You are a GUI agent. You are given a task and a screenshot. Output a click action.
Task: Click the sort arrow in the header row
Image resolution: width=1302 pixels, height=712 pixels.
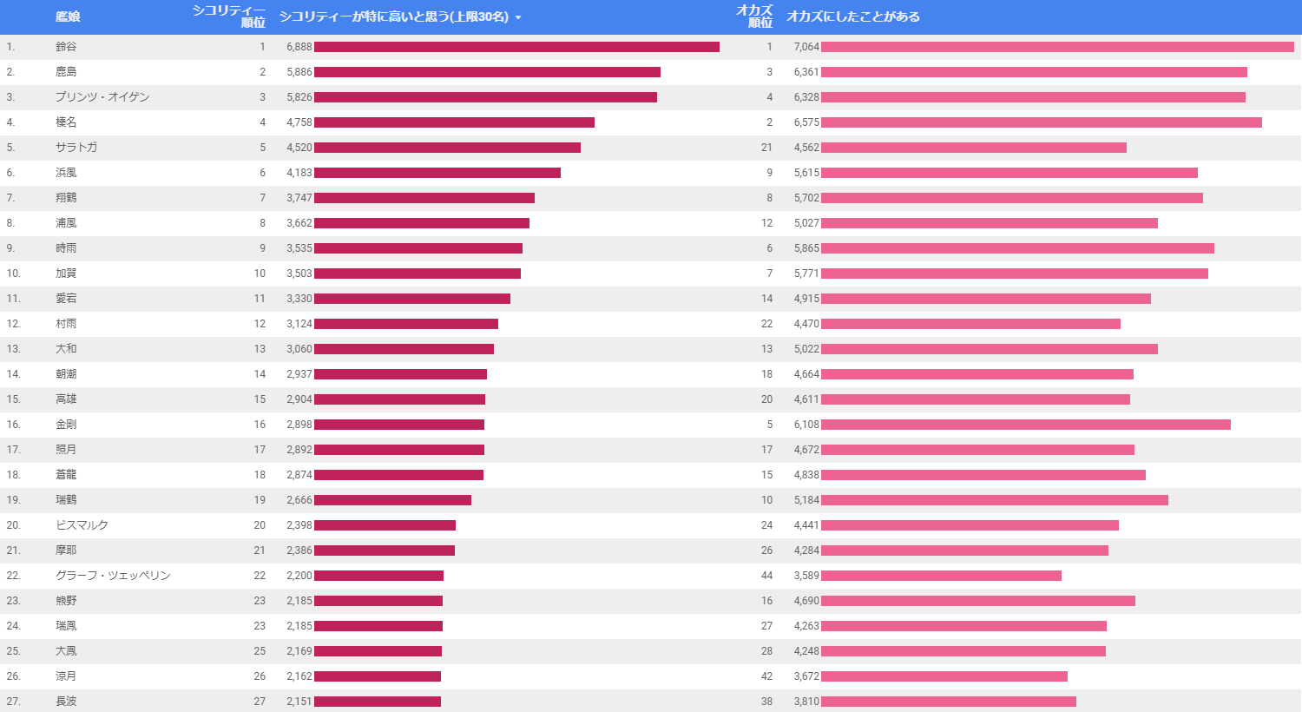(518, 17)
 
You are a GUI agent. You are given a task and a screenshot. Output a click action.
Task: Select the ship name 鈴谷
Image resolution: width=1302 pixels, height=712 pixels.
(66, 47)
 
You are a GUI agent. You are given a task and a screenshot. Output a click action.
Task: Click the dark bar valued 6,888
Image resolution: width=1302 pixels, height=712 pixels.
(516, 47)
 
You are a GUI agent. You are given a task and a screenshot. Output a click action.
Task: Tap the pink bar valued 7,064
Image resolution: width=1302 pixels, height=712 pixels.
(1057, 47)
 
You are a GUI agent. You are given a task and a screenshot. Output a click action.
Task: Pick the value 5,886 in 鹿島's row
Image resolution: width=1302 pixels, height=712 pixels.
(299, 72)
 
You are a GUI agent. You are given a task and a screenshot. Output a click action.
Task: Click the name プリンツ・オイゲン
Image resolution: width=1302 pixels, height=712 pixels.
(102, 97)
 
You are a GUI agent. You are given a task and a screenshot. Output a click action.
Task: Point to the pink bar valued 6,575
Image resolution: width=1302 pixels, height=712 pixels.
(1042, 122)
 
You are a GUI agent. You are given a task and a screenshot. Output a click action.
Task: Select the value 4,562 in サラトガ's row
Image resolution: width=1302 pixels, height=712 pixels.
(806, 148)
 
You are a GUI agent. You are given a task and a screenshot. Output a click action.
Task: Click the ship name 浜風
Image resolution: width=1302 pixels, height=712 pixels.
(66, 173)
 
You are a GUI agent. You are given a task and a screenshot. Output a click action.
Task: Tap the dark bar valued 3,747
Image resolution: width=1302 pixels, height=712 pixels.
(424, 198)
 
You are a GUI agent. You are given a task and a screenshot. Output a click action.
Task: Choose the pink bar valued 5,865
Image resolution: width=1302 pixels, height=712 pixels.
(1017, 248)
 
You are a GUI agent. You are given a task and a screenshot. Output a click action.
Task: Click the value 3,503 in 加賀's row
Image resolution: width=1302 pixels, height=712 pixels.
(299, 274)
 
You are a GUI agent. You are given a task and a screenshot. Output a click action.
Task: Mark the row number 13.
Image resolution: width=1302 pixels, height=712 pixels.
(13, 349)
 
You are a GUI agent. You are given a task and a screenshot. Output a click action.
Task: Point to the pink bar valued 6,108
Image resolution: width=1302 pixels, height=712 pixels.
(1026, 425)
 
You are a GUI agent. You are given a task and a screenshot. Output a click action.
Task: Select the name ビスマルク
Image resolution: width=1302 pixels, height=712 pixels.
(82, 525)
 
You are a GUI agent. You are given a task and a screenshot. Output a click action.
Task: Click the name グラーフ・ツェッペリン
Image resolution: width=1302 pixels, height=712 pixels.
(113, 576)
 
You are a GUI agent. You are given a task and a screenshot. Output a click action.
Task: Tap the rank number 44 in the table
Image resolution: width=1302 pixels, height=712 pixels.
(766, 576)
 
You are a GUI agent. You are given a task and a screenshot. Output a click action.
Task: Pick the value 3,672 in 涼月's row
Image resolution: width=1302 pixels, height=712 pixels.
(806, 676)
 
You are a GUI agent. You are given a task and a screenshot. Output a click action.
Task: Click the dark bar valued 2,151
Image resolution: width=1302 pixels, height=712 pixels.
(378, 702)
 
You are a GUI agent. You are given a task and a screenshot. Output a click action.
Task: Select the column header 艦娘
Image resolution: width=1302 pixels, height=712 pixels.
(68, 16)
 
